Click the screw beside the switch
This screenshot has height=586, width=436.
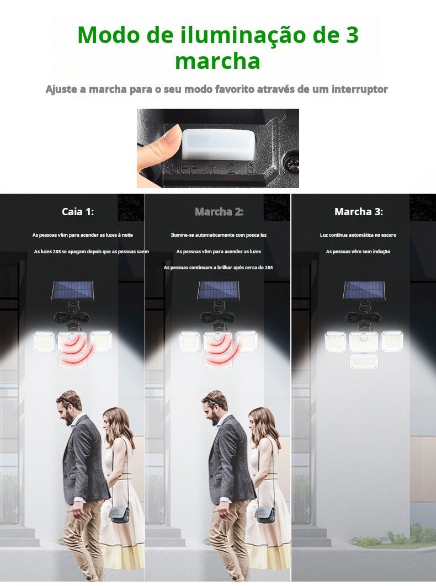click(291, 163)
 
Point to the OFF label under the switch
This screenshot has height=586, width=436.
click(184, 169)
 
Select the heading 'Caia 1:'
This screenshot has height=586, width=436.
click(78, 211)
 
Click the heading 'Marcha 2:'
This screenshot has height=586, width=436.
click(219, 211)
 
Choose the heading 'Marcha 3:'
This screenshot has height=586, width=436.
click(359, 211)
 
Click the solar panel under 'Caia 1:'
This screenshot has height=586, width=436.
click(72, 291)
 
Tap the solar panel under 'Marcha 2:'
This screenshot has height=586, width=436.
click(219, 291)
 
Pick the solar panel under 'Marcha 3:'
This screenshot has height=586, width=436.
click(364, 291)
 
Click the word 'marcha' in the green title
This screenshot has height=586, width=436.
click(217, 61)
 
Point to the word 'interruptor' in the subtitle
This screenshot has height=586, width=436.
click(360, 89)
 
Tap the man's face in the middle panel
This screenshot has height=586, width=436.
click(211, 413)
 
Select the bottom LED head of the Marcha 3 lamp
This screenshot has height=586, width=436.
click(364, 361)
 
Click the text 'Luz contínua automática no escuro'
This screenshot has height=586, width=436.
click(358, 235)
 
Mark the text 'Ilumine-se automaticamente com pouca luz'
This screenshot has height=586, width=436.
click(219, 235)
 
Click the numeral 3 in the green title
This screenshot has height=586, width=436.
click(350, 34)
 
